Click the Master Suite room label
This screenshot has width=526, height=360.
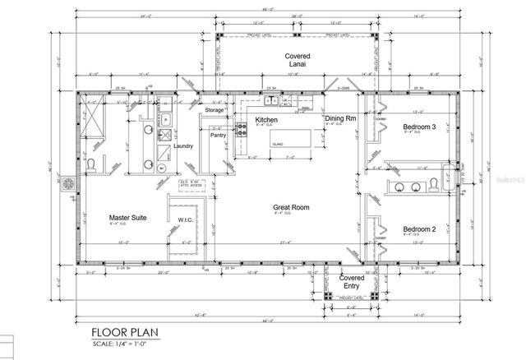point(127,219)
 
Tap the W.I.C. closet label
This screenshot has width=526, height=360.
point(185,219)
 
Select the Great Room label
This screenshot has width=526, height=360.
point(290,209)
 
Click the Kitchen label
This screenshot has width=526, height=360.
point(265,120)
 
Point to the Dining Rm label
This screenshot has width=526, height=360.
point(339,119)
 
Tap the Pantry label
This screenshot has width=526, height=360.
point(218,136)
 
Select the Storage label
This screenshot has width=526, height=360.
point(215,109)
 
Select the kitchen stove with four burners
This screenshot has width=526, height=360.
point(242,128)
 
